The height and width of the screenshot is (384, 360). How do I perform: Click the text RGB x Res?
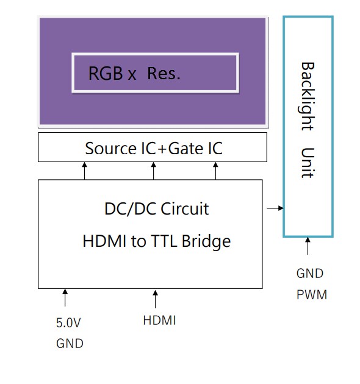[134, 74]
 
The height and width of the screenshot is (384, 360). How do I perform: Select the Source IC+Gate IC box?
[153, 148]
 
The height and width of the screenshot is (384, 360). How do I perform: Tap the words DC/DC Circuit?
[156, 209]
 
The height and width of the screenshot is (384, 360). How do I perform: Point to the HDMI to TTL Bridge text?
[156, 241]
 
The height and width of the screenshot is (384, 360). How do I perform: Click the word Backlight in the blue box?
[307, 96]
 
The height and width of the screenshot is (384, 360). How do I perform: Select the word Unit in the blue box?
[307, 162]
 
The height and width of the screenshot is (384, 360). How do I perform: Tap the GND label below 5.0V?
[69, 343]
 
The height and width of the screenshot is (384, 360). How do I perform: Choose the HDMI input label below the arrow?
[159, 319]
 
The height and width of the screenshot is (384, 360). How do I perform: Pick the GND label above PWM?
[309, 274]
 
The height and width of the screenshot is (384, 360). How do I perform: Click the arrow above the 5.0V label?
[65, 298]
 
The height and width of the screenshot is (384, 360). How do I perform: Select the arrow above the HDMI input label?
[155, 299]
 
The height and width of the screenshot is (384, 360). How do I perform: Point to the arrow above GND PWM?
[308, 246]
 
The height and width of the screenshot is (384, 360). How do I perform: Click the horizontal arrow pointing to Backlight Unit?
[275, 208]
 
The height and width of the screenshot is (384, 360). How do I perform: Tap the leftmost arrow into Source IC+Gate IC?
[85, 171]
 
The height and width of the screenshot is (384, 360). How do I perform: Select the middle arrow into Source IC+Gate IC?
[153, 171]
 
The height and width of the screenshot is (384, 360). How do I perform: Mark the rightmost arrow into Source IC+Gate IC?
[215, 171]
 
